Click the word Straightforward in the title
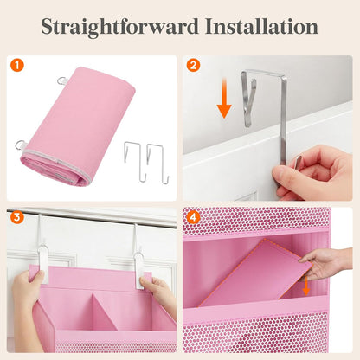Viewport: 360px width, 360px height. (x=119, y=27)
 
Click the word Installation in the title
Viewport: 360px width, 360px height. (x=261, y=26)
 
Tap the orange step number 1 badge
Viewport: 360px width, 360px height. (x=17, y=66)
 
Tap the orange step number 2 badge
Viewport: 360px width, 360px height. (x=193, y=66)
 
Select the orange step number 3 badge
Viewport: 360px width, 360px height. (x=17, y=217)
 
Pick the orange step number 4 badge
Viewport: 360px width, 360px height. (x=193, y=217)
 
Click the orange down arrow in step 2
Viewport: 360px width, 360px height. (x=224, y=98)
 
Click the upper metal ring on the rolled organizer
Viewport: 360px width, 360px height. (x=62, y=80)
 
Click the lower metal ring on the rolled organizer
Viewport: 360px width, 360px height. (x=21, y=145)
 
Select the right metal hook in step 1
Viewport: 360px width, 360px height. (x=157, y=163)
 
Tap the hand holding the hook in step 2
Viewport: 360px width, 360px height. (x=313, y=173)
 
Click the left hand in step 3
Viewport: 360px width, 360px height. (x=26, y=300)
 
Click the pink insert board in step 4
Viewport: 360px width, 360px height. (x=256, y=273)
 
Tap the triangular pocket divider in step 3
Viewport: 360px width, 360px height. (x=104, y=312)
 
